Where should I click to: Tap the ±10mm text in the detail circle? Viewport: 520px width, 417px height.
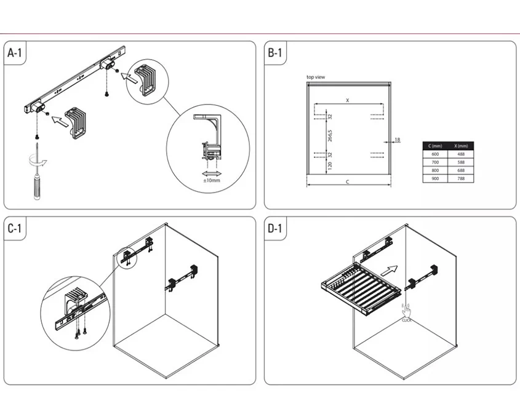(211, 180)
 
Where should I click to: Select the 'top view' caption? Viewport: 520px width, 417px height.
(315, 77)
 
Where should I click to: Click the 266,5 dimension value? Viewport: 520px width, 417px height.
(330, 136)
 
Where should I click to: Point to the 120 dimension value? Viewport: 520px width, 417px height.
(330, 164)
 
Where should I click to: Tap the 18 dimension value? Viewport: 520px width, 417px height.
(397, 140)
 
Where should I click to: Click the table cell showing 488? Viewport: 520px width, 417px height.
(461, 154)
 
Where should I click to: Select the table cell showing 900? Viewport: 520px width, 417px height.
(435, 178)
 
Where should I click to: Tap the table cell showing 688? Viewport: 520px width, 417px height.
(461, 170)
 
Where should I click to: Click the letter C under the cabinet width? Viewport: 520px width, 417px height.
(348, 183)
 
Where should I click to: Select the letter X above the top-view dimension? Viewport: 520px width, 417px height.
(347, 100)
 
